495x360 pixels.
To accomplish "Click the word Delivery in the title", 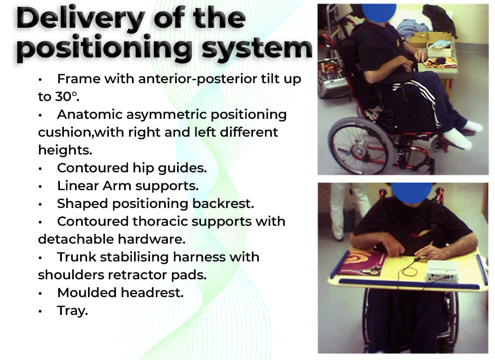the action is tap(81, 19).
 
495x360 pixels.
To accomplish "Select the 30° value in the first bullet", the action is tap(67, 97).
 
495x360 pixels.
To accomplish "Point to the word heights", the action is tap(65, 150).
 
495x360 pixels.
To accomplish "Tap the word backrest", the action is tap(223, 204).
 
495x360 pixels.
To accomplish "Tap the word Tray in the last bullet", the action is tap(72, 311).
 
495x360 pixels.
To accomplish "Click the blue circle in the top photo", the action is tap(379, 13).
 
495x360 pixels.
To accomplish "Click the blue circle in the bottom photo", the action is tap(412, 193).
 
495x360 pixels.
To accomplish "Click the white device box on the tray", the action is tap(442, 271).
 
